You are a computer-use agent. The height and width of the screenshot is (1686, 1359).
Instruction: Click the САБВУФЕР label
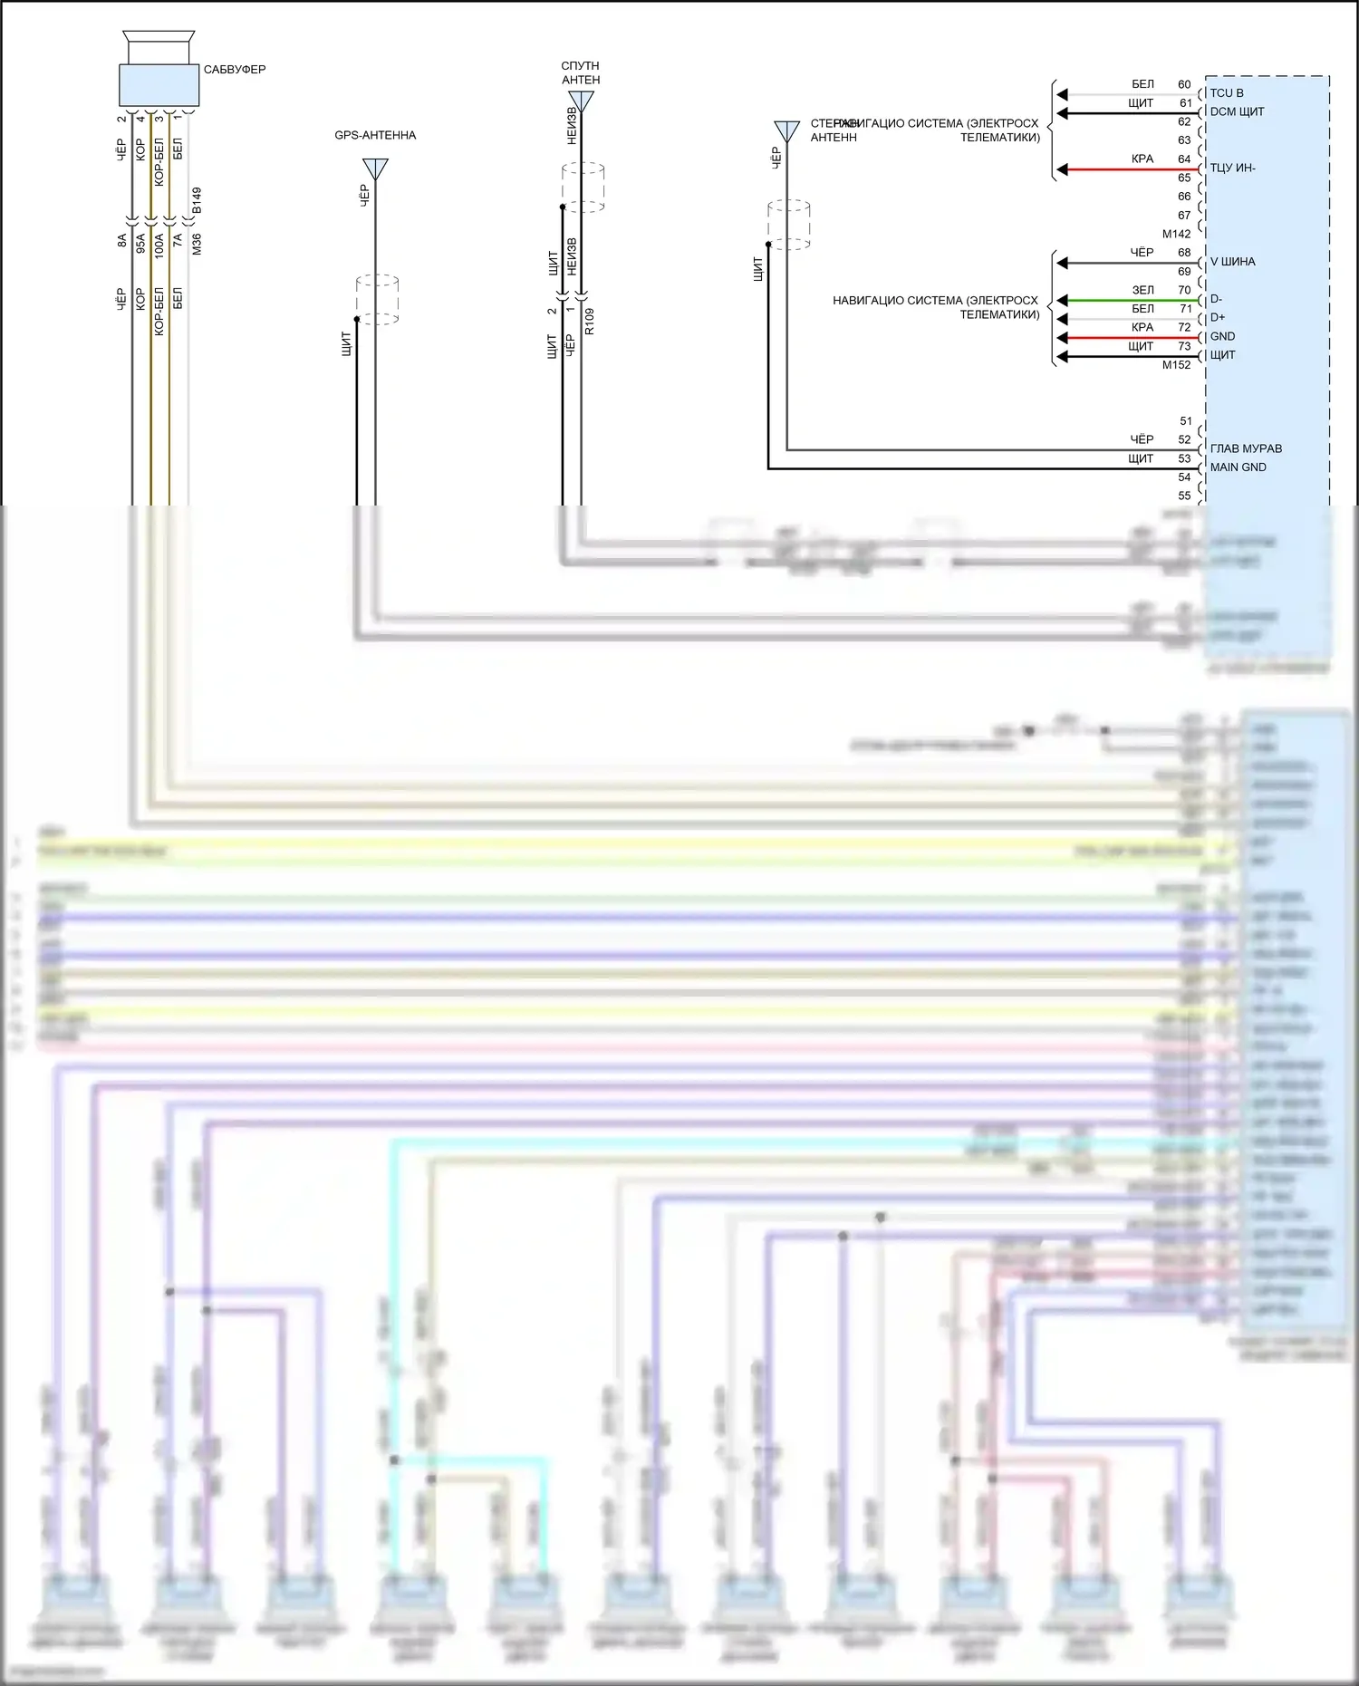point(234,70)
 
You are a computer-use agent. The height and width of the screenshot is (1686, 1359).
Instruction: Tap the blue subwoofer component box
point(159,85)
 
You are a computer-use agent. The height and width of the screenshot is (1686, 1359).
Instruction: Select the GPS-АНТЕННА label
point(375,135)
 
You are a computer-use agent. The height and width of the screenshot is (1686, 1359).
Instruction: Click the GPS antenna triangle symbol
point(375,169)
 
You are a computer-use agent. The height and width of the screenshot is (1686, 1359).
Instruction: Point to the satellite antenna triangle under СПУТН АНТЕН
point(581,101)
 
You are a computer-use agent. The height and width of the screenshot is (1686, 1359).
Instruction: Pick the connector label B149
point(197,200)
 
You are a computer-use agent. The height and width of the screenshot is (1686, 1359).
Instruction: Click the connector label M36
point(197,244)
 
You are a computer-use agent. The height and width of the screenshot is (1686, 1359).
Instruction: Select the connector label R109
point(589,321)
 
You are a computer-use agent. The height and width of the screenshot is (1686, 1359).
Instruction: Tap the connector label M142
point(1176,234)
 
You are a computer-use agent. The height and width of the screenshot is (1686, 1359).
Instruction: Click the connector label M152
point(1176,365)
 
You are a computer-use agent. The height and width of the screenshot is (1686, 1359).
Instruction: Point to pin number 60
point(1184,84)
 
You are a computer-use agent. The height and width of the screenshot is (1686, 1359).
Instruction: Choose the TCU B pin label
point(1227,93)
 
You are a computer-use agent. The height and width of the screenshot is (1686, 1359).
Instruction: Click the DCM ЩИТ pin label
point(1237,111)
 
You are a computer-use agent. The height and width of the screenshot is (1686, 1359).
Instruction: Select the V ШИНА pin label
point(1232,262)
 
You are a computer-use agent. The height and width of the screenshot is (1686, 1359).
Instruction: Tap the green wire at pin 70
point(1123,300)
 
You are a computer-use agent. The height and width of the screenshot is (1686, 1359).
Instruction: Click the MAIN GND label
point(1238,467)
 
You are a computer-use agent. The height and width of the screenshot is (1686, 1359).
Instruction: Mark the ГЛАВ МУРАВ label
point(1246,448)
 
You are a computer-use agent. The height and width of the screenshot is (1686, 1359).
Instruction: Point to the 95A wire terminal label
point(140,244)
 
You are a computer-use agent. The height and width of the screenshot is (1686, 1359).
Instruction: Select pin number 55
point(1184,496)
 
